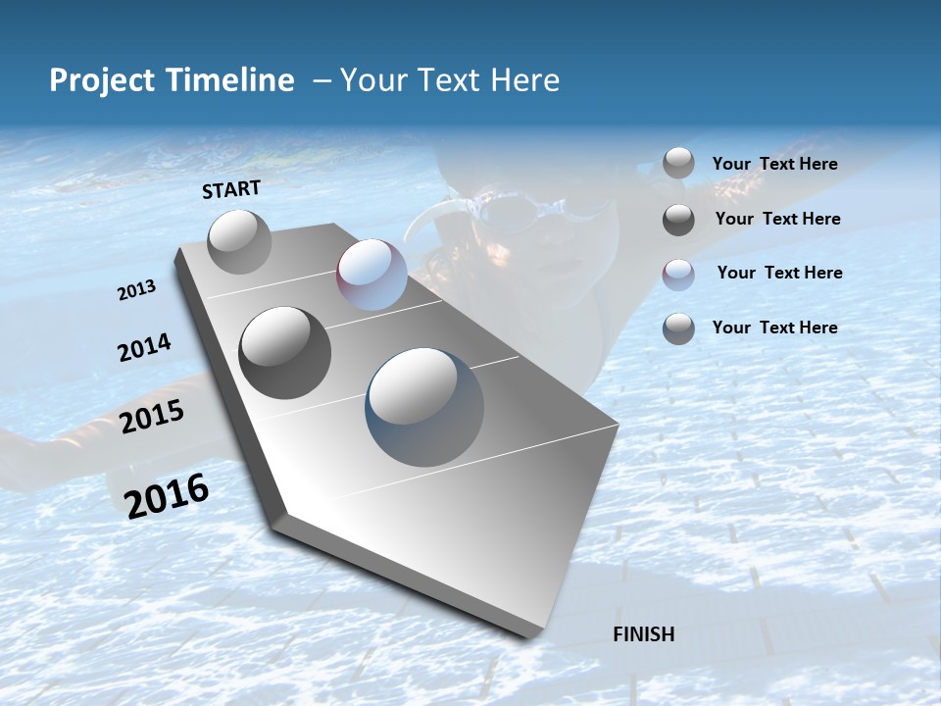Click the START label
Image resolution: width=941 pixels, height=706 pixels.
tap(231, 189)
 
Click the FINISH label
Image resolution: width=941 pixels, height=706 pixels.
tap(643, 634)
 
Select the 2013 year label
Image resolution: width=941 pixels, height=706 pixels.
tap(136, 290)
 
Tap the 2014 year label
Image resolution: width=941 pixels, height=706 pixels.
tap(144, 348)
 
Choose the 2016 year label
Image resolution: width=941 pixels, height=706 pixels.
tap(167, 495)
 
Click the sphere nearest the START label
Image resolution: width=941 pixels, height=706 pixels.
tap(239, 241)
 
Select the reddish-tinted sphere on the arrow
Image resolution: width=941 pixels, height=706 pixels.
tap(371, 275)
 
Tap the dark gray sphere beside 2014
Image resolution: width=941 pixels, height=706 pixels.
tap(284, 353)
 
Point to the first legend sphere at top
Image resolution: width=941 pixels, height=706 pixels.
tap(678, 164)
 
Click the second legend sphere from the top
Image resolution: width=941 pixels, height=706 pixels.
tap(678, 220)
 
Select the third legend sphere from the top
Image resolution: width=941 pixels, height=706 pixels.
tap(678, 274)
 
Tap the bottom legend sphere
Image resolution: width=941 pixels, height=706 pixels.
tap(678, 328)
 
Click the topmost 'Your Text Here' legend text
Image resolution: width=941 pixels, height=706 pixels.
tap(774, 164)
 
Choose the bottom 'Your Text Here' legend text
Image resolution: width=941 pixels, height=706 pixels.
tap(774, 328)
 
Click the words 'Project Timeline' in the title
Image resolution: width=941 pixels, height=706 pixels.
tap(172, 80)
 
